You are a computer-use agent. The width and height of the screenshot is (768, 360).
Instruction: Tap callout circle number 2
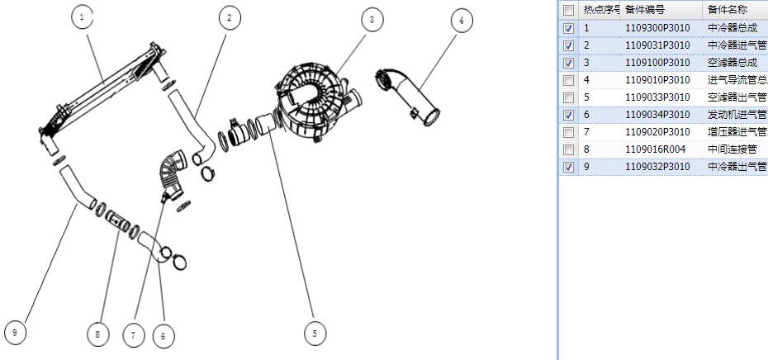pyautogui.click(x=227, y=18)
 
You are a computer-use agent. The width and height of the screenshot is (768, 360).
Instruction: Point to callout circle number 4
pyautogui.click(x=461, y=21)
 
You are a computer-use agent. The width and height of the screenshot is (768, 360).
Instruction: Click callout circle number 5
pyautogui.click(x=313, y=331)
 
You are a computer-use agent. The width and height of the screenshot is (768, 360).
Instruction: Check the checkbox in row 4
pyautogui.click(x=568, y=80)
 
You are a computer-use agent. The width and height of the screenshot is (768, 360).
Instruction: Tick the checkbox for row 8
pyautogui.click(x=568, y=149)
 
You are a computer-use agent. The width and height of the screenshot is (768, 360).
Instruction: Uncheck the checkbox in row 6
pyautogui.click(x=568, y=115)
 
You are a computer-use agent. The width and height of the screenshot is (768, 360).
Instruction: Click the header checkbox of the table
pyautogui.click(x=568, y=11)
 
